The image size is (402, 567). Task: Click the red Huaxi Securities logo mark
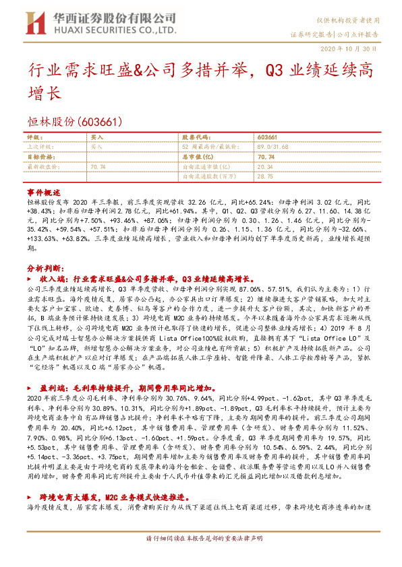click(35, 23)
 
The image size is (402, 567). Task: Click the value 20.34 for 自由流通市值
click(265, 165)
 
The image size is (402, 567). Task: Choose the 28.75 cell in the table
click(265, 175)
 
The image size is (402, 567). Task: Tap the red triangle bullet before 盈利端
click(30, 388)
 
